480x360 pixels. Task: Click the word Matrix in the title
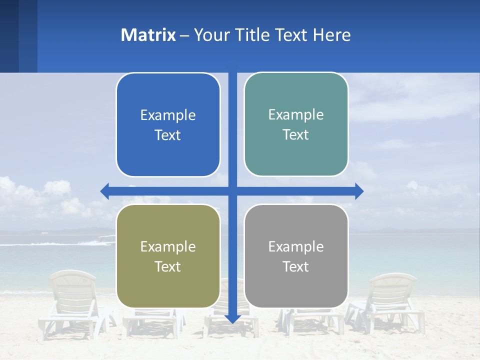click(x=148, y=35)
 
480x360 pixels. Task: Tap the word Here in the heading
click(x=332, y=35)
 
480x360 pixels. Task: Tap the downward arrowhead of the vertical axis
click(x=232, y=318)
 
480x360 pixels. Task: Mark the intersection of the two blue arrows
click(x=232, y=191)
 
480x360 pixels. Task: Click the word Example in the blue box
click(x=168, y=115)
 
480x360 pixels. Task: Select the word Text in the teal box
click(x=296, y=135)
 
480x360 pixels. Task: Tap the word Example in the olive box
click(x=168, y=247)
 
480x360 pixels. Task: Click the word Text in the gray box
click(x=296, y=267)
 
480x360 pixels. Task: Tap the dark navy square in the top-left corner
click(x=9, y=36)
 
